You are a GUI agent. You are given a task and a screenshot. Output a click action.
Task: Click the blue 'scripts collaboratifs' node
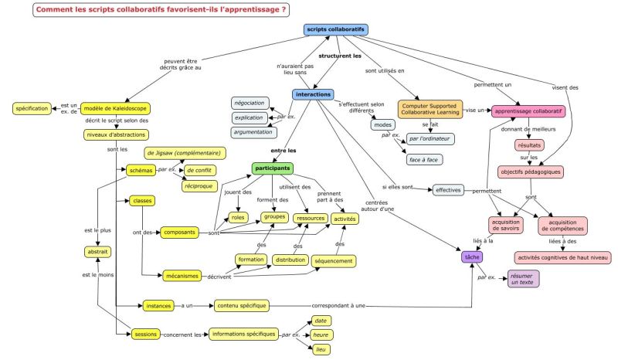pyautogui.click(x=336, y=29)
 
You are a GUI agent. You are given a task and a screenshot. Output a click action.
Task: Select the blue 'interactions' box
pyautogui.click(x=314, y=94)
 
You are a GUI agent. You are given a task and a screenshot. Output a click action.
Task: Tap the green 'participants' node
pyautogui.click(x=273, y=168)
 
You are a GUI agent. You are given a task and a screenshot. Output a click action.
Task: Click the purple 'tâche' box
pyautogui.click(x=472, y=257)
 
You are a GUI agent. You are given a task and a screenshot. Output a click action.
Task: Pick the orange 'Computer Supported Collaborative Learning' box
pyautogui.click(x=430, y=109)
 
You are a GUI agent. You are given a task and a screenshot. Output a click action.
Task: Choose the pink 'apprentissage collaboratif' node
pyautogui.click(x=528, y=111)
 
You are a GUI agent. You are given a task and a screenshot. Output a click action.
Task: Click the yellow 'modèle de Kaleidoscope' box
pyautogui.click(x=115, y=108)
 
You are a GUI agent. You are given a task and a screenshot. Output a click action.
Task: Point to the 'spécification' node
pyautogui.click(x=32, y=108)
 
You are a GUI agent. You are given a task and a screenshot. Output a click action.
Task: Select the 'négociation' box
pyautogui.click(x=250, y=104)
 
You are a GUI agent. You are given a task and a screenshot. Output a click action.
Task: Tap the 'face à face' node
pyautogui.click(x=424, y=160)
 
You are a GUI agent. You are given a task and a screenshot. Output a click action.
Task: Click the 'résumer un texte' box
pyautogui.click(x=523, y=279)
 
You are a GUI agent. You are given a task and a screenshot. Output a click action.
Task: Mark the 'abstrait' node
pyautogui.click(x=97, y=252)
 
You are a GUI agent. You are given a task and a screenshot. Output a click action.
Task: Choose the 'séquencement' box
pyautogui.click(x=334, y=261)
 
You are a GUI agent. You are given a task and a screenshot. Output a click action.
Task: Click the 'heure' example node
pyautogui.click(x=321, y=335)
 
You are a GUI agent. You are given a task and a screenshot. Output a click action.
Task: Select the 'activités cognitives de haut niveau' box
pyautogui.click(x=563, y=257)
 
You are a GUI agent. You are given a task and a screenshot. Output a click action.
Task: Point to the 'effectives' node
pyautogui.click(x=448, y=190)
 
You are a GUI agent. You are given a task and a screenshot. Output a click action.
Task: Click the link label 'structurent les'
pyautogui.click(x=340, y=56)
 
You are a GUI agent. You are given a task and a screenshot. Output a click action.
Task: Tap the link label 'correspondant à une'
pyautogui.click(x=338, y=306)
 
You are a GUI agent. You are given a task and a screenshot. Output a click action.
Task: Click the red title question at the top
pyautogui.click(x=161, y=10)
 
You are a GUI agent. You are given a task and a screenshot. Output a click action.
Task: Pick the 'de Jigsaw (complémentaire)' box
pyautogui.click(x=185, y=153)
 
